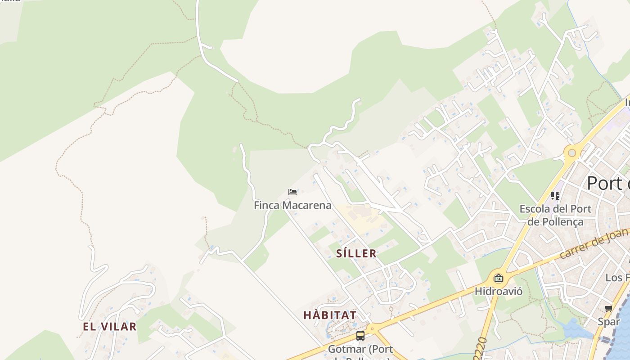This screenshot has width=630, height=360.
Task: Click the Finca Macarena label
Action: tap(292, 206)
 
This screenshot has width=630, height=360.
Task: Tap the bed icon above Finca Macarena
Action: tap(292, 192)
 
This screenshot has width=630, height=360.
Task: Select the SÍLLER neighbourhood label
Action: tap(356, 253)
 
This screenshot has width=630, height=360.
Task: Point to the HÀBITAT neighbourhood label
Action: tap(330, 315)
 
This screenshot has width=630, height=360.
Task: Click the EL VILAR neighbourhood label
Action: tap(109, 327)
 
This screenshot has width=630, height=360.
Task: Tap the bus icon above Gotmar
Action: tap(360, 335)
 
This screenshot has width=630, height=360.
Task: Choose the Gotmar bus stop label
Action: tap(360, 349)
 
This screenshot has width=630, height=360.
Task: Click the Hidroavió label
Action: tap(499, 291)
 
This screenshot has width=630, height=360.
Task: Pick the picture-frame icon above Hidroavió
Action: tap(498, 278)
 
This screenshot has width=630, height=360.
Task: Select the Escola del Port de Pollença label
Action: tap(555, 215)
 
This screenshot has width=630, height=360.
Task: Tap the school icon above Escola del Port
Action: tap(555, 196)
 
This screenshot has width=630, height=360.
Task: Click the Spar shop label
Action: tap(609, 321)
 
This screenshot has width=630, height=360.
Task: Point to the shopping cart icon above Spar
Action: tap(609, 309)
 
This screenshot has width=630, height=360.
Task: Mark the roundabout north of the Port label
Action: tap(572, 153)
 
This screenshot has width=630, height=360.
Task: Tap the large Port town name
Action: tap(607, 184)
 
